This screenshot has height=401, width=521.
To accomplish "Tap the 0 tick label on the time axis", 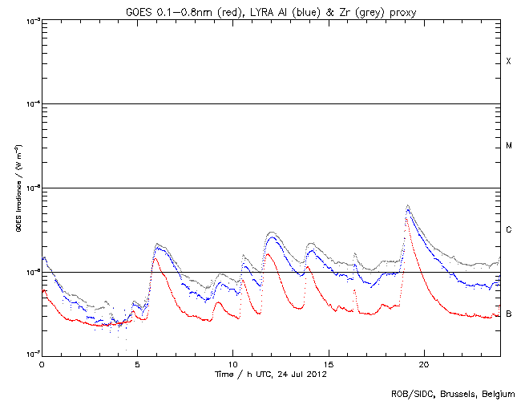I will (x=42, y=363).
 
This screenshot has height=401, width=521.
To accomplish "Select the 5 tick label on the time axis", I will (x=137, y=363).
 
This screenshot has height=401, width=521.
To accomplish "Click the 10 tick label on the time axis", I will (x=232, y=363).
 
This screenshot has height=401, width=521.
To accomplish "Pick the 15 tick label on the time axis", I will (x=328, y=363).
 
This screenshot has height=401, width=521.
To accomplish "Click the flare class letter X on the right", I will (x=508, y=62).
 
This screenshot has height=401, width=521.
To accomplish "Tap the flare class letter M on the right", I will (x=508, y=146).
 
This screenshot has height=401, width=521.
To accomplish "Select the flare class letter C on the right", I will (x=508, y=230).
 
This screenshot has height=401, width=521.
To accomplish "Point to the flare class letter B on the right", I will (x=508, y=314).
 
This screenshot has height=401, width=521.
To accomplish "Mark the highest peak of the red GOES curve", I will (x=406, y=218).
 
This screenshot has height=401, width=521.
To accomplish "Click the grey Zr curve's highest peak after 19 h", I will (x=408, y=205).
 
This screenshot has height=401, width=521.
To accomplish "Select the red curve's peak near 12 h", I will (x=269, y=255).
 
